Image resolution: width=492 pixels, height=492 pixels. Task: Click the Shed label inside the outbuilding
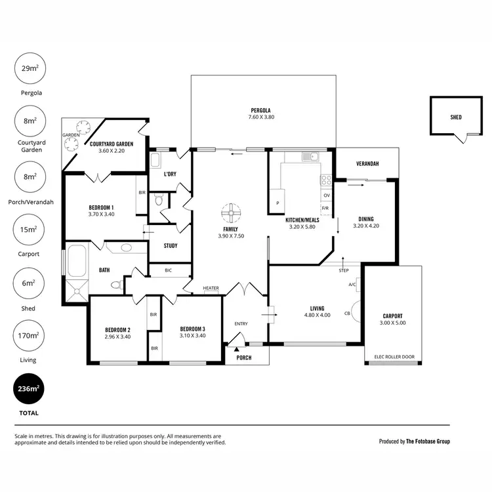click(x=455, y=117)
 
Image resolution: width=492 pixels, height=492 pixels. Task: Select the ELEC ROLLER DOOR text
click(x=394, y=357)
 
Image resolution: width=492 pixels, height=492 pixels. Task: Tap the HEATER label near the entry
click(x=211, y=288)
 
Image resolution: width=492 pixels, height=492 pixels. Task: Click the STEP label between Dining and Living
click(x=344, y=270)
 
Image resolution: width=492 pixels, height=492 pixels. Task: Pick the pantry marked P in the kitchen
click(x=277, y=203)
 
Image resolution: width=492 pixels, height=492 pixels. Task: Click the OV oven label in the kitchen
click(x=326, y=195)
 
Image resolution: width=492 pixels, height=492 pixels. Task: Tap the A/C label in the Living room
click(x=352, y=285)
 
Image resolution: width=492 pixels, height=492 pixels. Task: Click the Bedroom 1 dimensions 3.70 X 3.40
click(x=102, y=214)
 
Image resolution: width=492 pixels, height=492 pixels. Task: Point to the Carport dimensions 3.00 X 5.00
click(x=393, y=323)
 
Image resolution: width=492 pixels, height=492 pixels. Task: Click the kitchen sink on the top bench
click(x=309, y=156)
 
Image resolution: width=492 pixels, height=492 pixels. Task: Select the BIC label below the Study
click(x=168, y=270)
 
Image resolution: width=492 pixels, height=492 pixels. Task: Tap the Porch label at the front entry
click(x=243, y=358)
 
